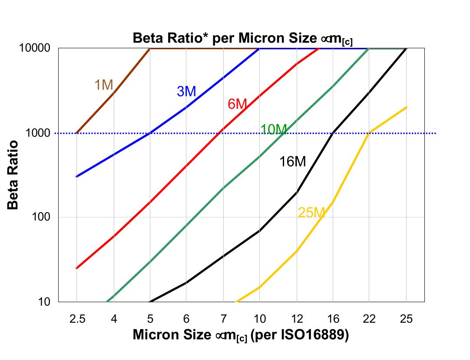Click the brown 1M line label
coord(104,85)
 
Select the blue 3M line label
coord(186,91)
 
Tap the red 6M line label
coord(237,104)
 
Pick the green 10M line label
coord(274,129)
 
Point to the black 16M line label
coord(292,162)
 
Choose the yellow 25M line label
coord(311,213)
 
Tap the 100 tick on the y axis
coord(43,217)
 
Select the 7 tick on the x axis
coord(223,320)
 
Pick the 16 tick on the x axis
coord(333,320)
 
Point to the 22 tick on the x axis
coord(369,320)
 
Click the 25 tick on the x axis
coord(406,320)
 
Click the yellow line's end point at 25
coord(406,107)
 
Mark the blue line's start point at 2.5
coord(76,177)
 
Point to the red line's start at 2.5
coord(76,268)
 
